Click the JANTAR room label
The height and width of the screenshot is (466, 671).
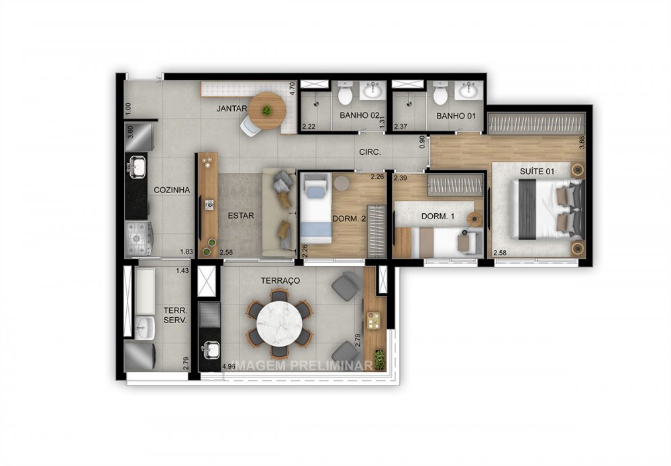click(232, 109)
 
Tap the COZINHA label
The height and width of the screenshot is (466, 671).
click(172, 190)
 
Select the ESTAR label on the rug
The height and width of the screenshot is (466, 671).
click(240, 216)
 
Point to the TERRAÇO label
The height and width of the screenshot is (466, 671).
click(282, 280)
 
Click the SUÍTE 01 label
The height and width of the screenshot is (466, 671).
click(537, 172)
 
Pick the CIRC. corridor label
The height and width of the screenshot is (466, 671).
click(370, 152)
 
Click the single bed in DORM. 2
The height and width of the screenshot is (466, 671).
click(315, 208)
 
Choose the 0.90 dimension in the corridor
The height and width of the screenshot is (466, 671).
click(421, 141)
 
